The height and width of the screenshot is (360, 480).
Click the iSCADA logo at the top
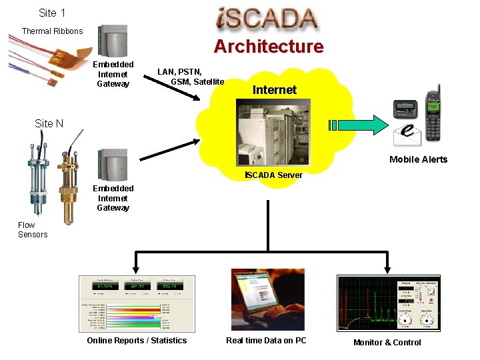click(x=267, y=19)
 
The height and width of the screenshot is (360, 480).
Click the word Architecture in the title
click(x=268, y=47)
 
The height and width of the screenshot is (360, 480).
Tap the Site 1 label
click(x=52, y=13)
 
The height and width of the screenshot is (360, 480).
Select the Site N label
click(x=49, y=123)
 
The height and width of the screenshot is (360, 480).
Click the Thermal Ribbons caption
click(x=52, y=31)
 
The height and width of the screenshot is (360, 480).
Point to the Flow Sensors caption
click(x=33, y=230)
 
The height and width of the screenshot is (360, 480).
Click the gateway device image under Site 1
click(x=113, y=41)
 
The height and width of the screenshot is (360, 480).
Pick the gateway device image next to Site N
click(x=113, y=164)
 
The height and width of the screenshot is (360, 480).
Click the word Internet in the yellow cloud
click(x=275, y=90)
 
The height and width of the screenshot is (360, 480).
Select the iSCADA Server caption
click(x=273, y=175)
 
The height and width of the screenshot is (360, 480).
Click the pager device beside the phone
click(x=405, y=109)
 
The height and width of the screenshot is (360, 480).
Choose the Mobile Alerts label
click(x=418, y=159)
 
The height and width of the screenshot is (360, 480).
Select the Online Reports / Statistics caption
click(x=137, y=341)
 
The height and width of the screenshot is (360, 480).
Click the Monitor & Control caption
click(x=387, y=343)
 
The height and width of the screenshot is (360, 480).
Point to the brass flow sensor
click(x=70, y=187)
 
